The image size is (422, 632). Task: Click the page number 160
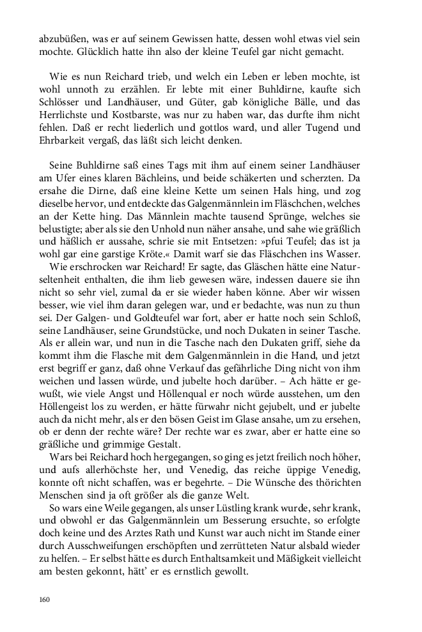point(45,599)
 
